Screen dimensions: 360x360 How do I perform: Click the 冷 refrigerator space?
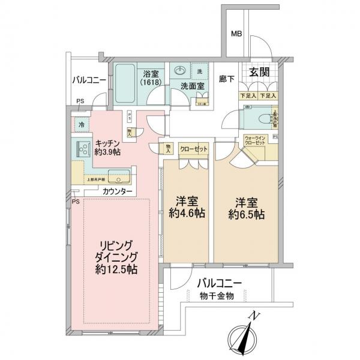tap(80, 125)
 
